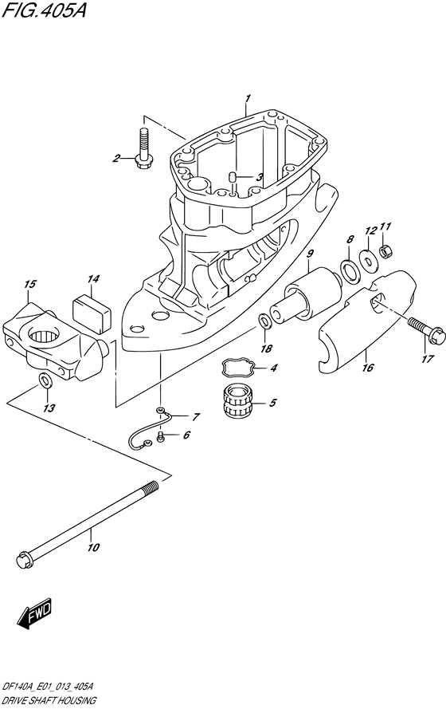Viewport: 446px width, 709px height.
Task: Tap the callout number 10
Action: [93, 548]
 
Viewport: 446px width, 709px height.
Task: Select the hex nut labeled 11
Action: [384, 250]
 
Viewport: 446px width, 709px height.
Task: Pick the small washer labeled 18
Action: [264, 321]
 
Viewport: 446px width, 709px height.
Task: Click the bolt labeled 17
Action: [421, 330]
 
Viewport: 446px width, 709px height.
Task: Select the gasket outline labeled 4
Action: [238, 367]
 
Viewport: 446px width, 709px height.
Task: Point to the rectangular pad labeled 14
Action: [92, 309]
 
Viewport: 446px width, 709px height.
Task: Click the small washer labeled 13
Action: [45, 380]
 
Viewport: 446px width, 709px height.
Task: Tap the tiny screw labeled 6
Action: [160, 436]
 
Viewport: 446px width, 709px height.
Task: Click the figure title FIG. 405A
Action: [43, 10]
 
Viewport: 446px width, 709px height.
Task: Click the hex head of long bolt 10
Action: [24, 560]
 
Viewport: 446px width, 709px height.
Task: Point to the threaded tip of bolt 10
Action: [151, 488]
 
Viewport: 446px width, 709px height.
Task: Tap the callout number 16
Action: [368, 367]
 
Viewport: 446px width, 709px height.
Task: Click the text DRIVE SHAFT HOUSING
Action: [49, 701]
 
